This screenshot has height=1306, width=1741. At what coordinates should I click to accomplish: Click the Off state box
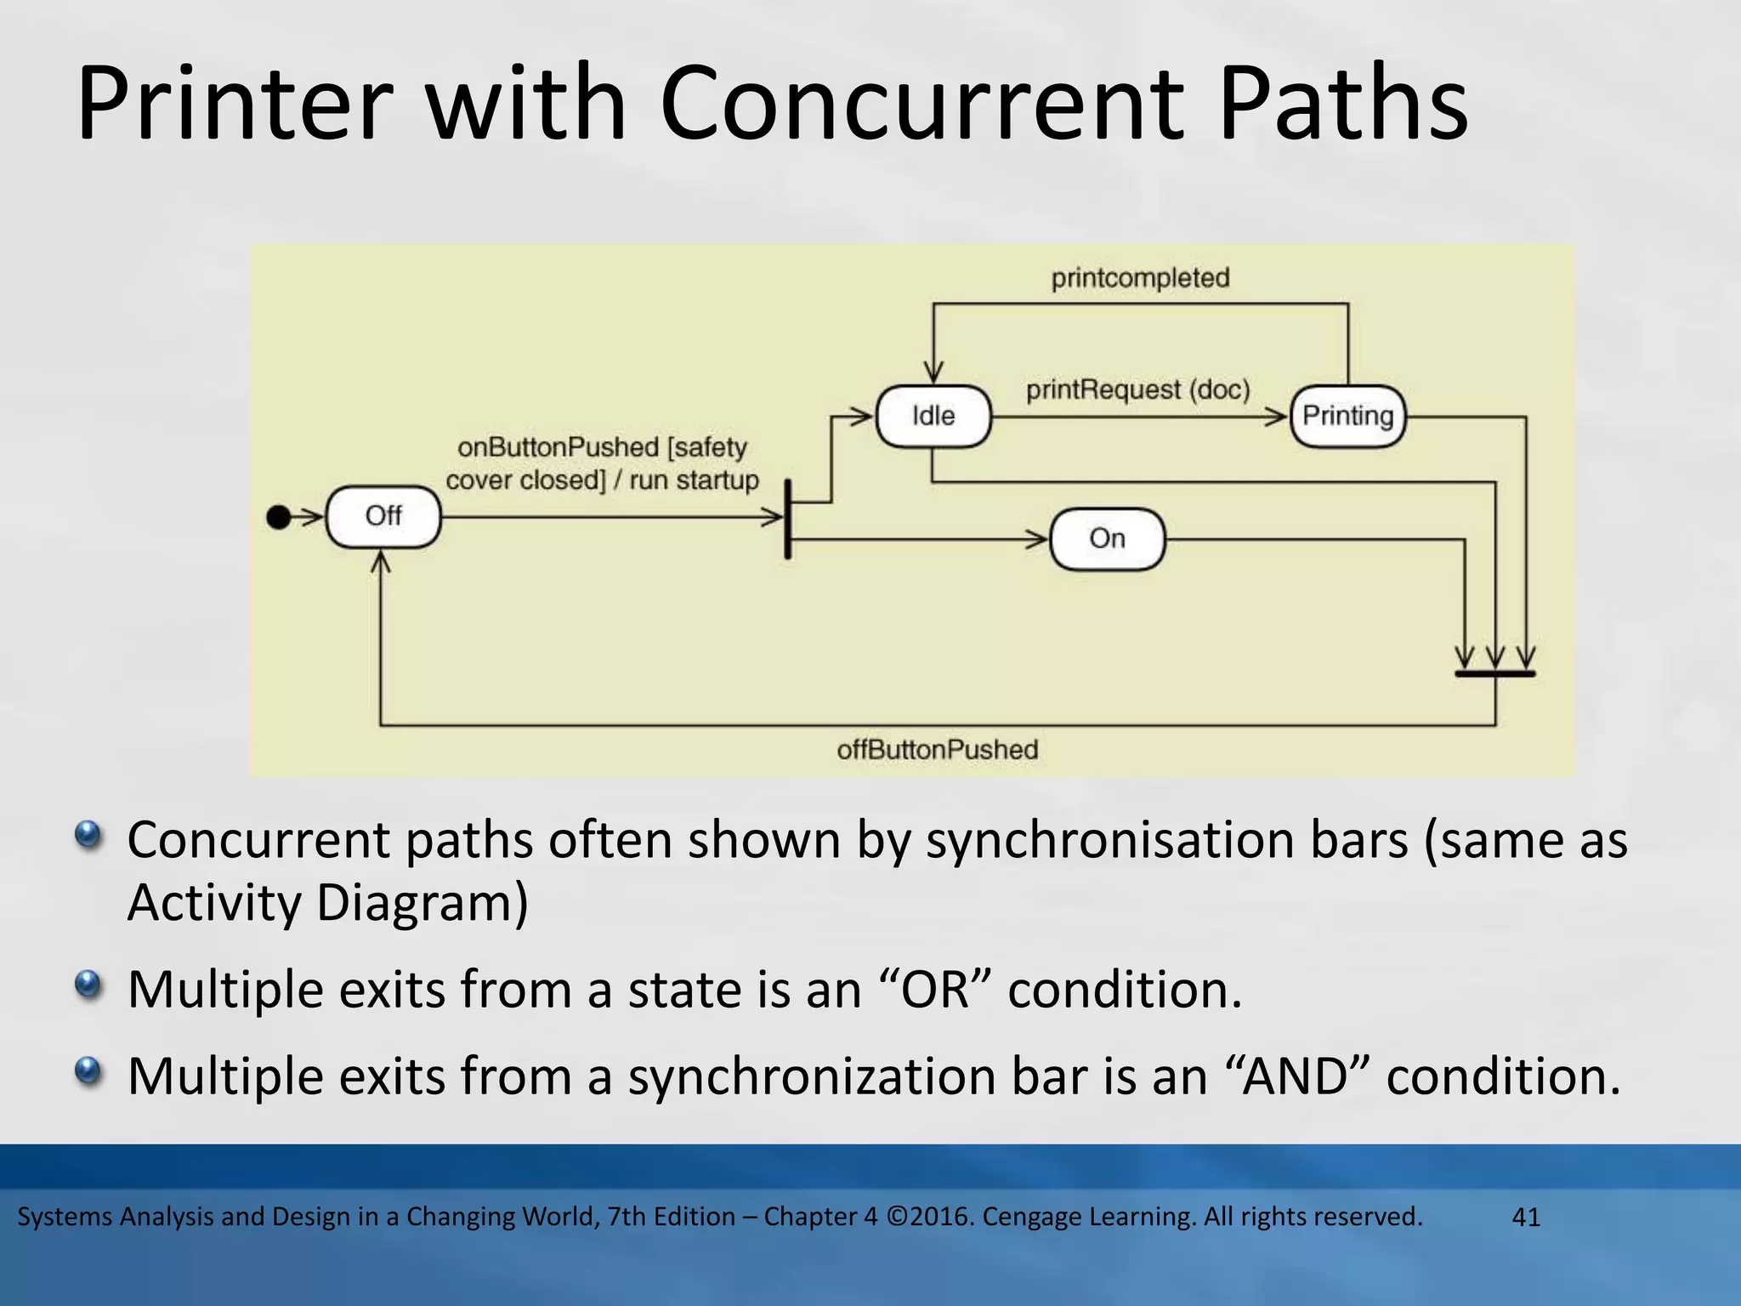coord(383,516)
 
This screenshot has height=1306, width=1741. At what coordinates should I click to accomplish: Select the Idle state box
coord(933,416)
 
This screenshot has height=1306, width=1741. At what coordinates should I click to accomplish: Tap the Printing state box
coord(1347,416)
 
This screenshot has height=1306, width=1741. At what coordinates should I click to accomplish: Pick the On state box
coord(1107,538)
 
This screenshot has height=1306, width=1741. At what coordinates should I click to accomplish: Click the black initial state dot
coord(279,516)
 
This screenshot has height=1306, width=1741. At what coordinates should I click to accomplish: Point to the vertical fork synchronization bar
coord(788,519)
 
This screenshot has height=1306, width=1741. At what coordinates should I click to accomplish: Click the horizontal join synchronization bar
coord(1494,673)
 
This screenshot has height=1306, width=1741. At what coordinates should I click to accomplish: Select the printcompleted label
coord(1140,278)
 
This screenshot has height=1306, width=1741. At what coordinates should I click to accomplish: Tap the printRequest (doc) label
coord(1137,390)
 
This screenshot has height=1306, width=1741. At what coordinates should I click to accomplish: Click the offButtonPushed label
coord(937,750)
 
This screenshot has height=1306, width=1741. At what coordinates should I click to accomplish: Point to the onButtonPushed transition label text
coord(602,463)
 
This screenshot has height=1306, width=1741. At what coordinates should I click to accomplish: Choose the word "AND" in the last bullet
coord(1296,1076)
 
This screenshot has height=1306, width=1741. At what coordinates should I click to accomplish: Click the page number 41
coord(1526,1218)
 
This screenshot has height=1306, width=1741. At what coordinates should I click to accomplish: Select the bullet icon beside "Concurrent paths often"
coord(88,834)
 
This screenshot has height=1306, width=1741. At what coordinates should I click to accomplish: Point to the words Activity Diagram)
coord(327,903)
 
